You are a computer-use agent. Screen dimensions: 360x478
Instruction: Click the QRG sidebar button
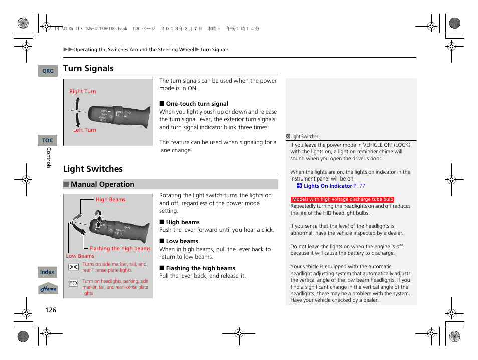[48, 71]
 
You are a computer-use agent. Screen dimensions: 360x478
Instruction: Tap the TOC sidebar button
[48, 141]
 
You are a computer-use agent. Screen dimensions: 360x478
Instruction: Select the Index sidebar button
[47, 272]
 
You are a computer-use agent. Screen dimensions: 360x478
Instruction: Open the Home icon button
[48, 289]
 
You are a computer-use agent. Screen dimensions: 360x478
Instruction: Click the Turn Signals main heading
[88, 68]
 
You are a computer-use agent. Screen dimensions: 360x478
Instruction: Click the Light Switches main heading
[93, 169]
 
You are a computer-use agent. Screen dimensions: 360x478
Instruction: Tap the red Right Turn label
[82, 91]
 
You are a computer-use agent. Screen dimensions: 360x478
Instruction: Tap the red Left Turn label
[84, 130]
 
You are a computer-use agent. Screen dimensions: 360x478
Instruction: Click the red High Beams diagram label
[110, 199]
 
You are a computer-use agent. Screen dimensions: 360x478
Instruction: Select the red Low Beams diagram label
[80, 256]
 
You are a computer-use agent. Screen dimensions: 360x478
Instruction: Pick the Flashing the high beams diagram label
[120, 248]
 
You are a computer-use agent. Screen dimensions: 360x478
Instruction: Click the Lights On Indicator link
[328, 186]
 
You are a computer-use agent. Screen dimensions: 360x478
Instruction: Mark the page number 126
[51, 310]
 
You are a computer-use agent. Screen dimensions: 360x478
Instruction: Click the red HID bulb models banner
[343, 199]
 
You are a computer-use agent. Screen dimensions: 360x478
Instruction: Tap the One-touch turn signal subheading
[197, 104]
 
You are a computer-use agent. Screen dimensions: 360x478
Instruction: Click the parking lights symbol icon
[73, 267]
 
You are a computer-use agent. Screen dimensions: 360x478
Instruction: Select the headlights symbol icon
[73, 284]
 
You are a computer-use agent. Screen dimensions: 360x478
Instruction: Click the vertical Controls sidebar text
[49, 158]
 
